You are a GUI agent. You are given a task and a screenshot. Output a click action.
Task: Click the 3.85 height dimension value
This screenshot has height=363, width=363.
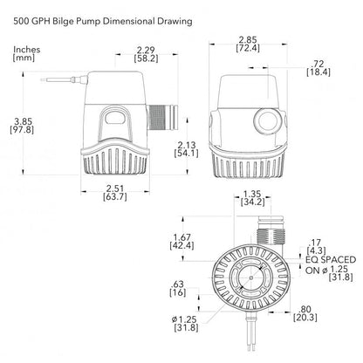23,121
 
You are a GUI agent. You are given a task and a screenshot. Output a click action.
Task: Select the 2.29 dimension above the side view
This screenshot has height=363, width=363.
146,50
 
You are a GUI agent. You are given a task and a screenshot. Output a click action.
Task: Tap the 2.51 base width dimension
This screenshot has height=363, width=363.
115,188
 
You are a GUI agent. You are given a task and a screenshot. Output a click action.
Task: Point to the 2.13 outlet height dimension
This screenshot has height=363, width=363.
187,145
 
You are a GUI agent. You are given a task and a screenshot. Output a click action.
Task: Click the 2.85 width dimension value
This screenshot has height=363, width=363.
248,39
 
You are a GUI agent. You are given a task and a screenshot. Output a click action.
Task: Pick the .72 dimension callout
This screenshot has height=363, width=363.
317,64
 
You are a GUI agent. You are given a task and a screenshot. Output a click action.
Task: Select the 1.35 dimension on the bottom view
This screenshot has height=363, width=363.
252,194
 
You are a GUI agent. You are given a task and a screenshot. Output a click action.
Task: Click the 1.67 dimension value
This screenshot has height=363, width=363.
181,237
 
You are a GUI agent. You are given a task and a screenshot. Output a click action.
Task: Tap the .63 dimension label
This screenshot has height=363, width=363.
177,284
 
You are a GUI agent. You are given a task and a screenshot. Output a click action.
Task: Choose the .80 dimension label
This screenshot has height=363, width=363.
305,309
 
